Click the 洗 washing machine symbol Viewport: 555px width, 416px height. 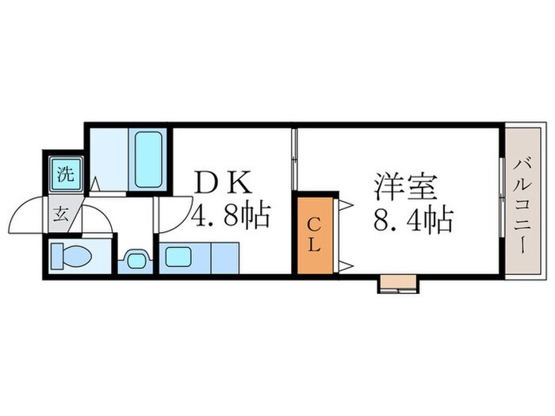tap(65, 174)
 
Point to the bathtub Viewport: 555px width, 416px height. tap(148, 159)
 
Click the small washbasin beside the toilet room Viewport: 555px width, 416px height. tap(135, 258)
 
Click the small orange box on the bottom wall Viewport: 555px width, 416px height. tap(397, 281)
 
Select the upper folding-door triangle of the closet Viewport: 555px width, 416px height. tap(346, 205)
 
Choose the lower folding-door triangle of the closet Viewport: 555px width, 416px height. tap(346, 265)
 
